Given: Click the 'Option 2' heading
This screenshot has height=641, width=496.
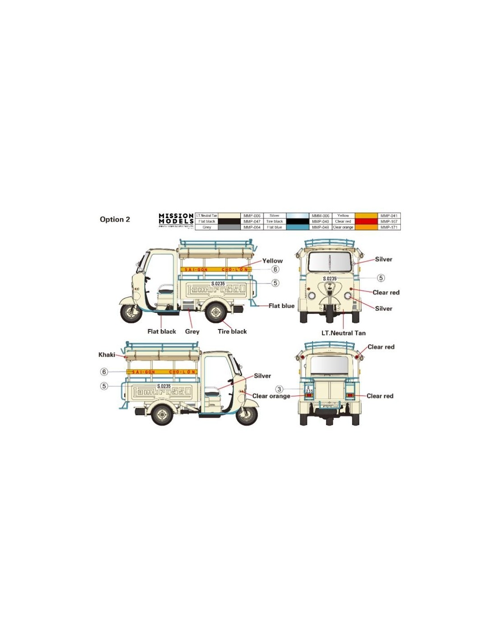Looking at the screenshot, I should pos(115,220).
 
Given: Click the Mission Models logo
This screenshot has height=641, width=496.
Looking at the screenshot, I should pos(176,219).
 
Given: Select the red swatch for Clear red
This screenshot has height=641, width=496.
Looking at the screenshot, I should pos(366,221).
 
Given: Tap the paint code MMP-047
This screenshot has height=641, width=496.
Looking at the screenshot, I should pos(252,221).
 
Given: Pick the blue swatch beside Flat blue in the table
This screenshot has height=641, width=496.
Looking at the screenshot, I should pos(297,227).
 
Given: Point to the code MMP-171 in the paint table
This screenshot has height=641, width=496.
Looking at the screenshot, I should pos(389,227).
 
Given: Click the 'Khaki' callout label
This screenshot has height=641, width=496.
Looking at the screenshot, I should pos(107,355).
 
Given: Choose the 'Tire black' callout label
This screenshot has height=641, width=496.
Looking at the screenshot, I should pos(232,331).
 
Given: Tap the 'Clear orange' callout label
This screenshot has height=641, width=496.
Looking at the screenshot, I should pos(271,396).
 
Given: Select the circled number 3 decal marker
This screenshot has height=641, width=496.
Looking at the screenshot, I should pos(279,389).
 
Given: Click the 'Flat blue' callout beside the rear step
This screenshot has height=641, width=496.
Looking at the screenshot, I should pos(281,306).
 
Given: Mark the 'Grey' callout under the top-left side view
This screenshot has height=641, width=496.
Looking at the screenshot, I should pos(192,331).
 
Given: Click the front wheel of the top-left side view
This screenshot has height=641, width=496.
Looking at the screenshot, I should pos(131,312).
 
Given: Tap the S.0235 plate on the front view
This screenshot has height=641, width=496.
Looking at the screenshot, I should pos(330,279).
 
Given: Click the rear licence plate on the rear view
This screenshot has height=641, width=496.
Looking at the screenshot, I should pos(309,389).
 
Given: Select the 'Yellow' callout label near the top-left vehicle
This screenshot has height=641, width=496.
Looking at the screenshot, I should pos(272,261).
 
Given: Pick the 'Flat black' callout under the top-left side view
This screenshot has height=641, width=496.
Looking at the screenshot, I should pos(161,331).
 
